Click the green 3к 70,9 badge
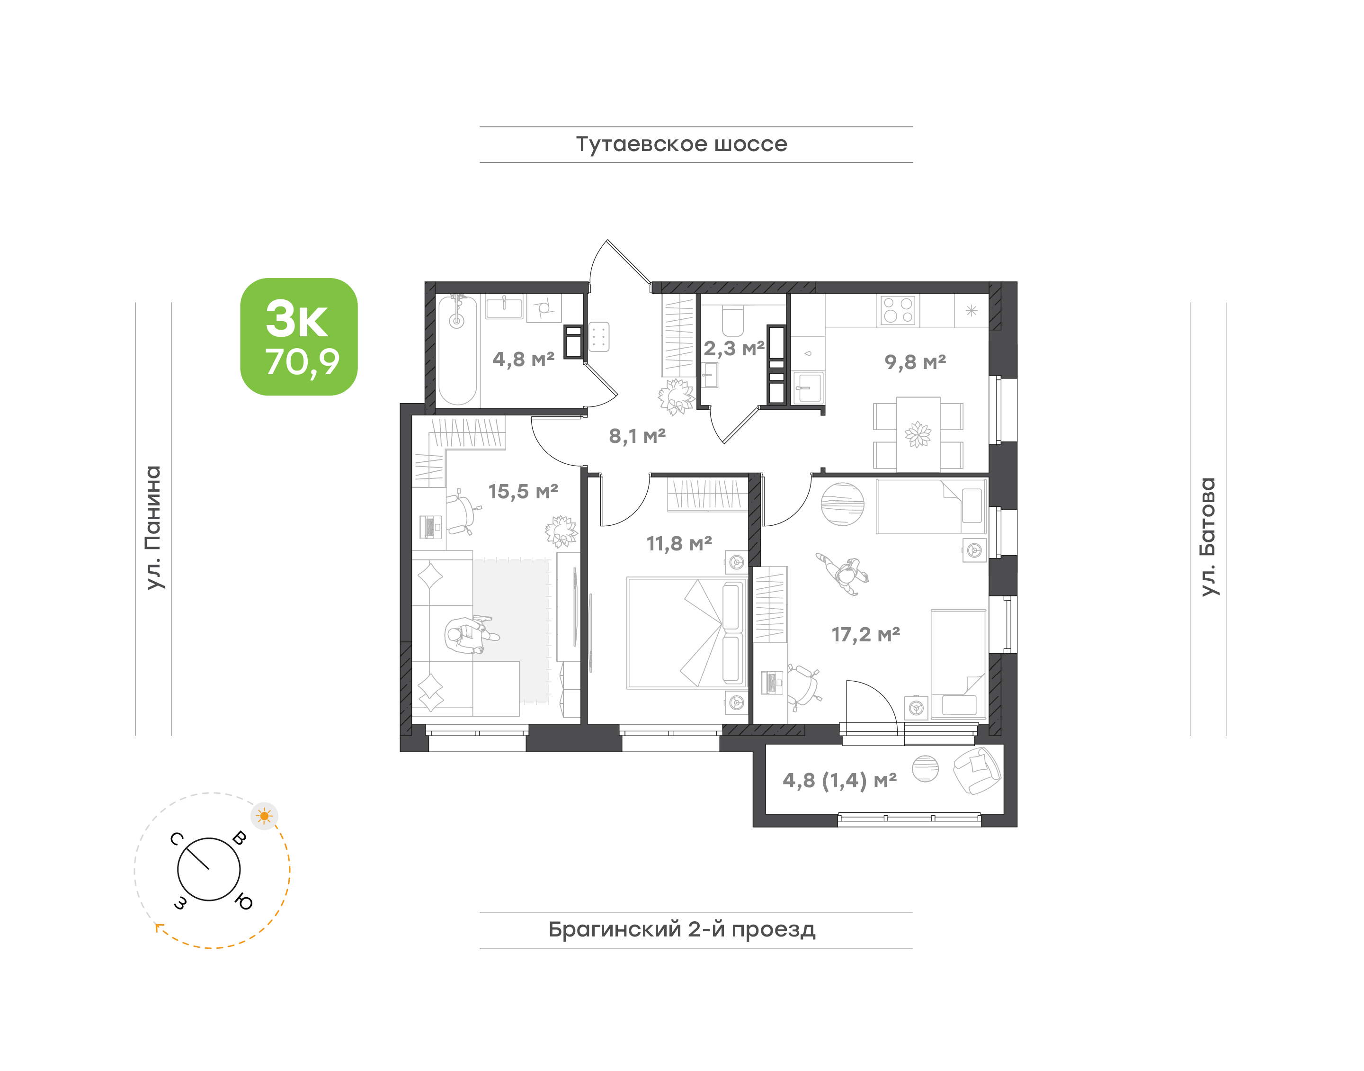[x=299, y=337]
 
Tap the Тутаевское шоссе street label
[x=681, y=144]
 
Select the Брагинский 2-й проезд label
[x=682, y=929]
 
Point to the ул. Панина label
[x=153, y=527]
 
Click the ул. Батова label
[x=1208, y=537]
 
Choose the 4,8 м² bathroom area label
[x=524, y=360]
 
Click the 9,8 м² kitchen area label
[x=915, y=362]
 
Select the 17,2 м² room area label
[x=865, y=635]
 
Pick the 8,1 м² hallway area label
[x=637, y=436]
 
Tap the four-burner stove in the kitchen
[x=898, y=310]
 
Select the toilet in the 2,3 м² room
[x=733, y=320]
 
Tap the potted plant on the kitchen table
[x=918, y=434]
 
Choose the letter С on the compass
[x=177, y=838]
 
